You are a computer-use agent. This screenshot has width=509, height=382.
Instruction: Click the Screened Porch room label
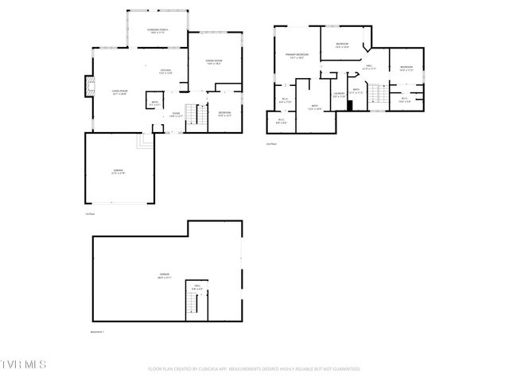(x=156, y=30)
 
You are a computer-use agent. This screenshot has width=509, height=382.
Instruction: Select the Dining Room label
(x=214, y=62)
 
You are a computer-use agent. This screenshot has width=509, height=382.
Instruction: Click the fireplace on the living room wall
(x=88, y=87)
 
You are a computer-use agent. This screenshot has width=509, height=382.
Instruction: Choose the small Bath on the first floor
(x=154, y=103)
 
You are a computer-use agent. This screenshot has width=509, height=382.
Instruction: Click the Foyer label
(x=176, y=115)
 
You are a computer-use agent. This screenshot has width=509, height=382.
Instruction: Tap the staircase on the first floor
(x=192, y=113)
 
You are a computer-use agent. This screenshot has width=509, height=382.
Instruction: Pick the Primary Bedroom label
(x=297, y=56)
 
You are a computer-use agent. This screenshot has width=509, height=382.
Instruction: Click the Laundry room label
(x=338, y=95)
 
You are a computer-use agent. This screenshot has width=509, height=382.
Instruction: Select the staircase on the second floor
(x=380, y=95)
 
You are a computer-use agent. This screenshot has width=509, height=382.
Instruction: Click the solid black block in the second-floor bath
(x=349, y=105)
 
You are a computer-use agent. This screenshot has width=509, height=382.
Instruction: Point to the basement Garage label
(x=164, y=276)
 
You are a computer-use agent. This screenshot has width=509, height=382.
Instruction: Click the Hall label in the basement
(x=195, y=287)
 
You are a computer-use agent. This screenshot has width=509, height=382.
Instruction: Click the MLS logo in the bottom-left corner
(x=24, y=364)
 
